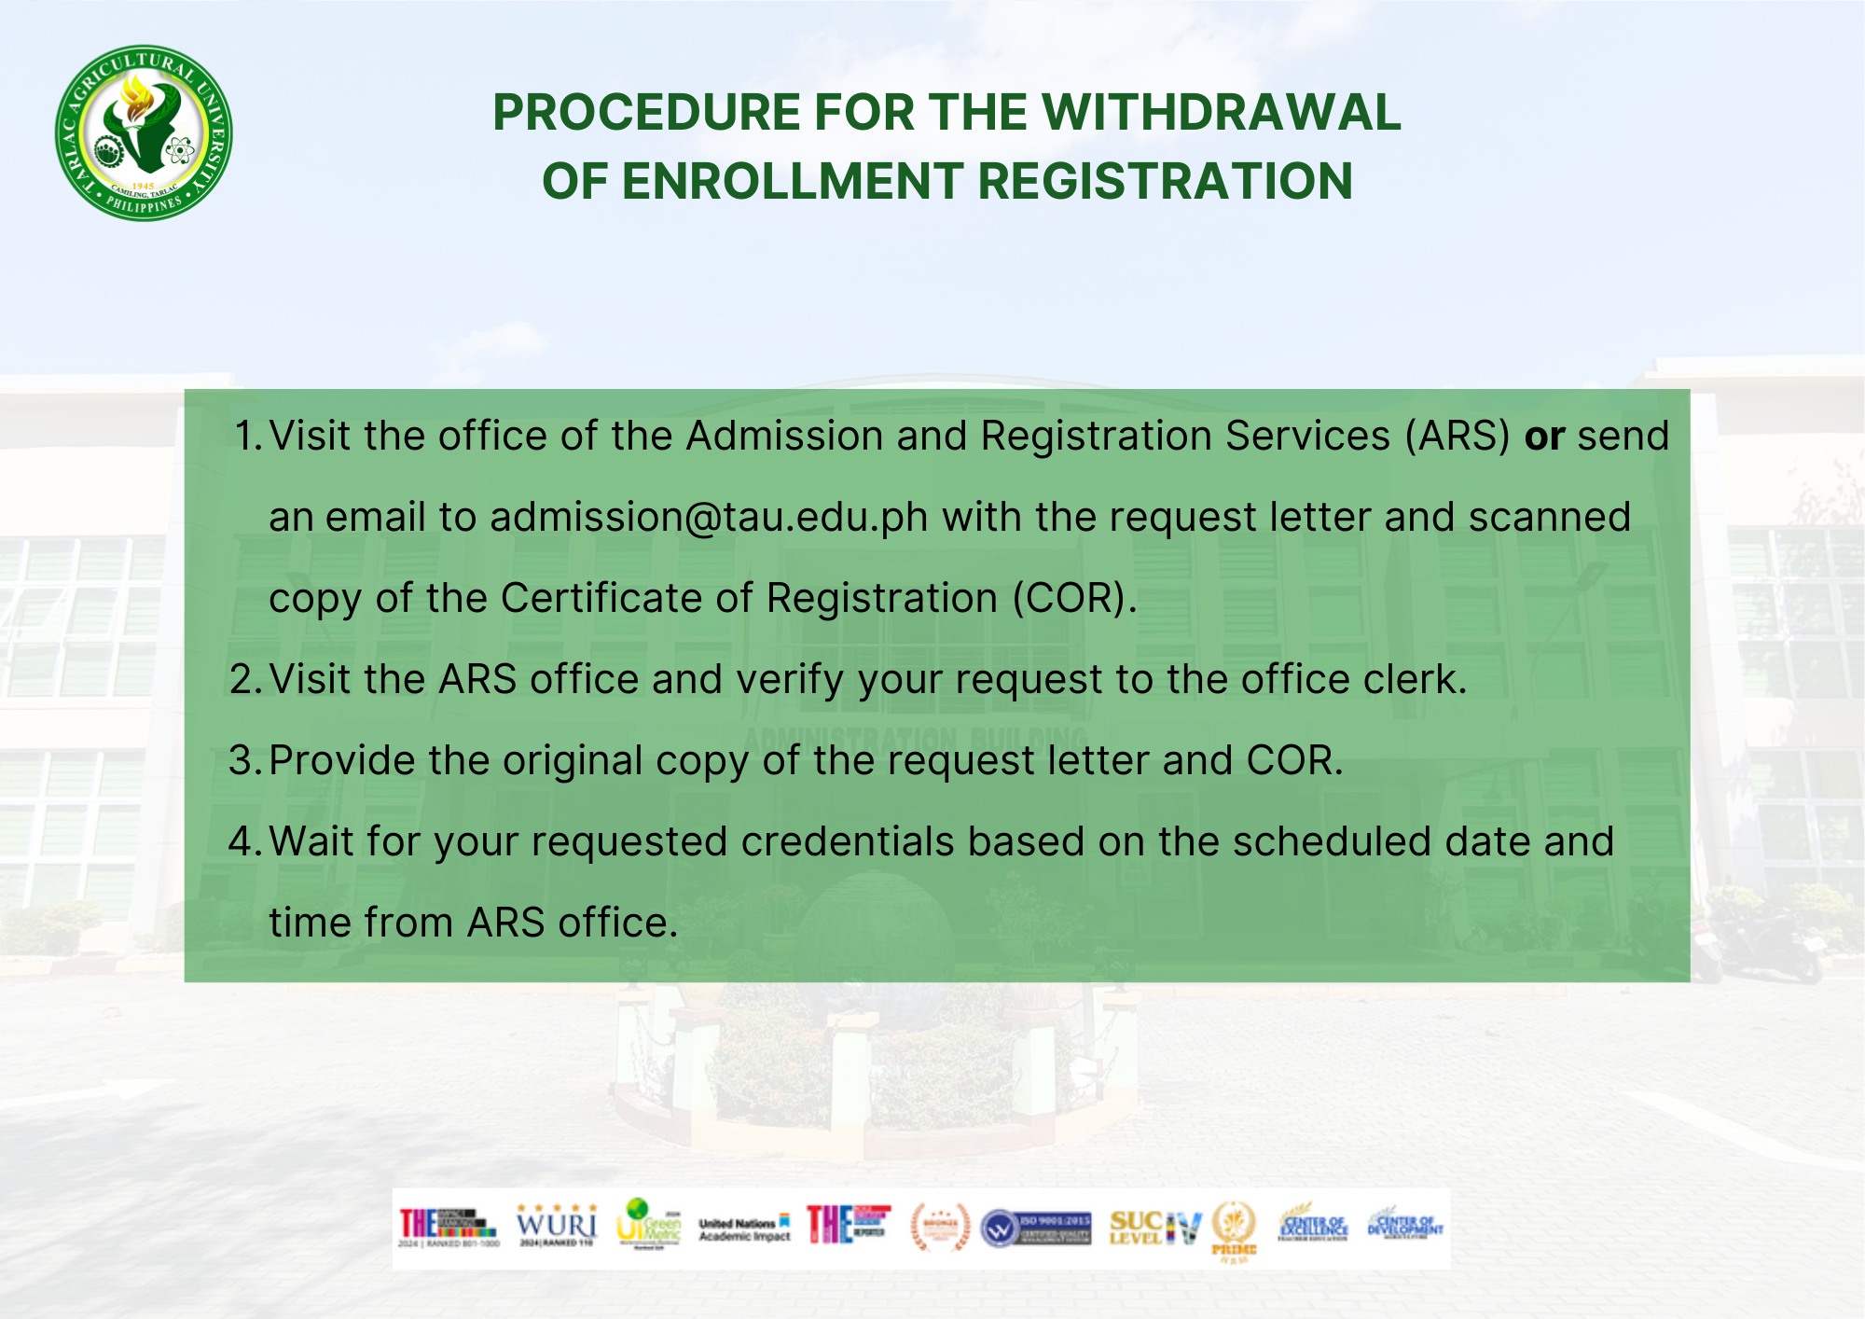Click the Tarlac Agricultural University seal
point(144,132)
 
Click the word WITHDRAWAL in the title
point(1221,113)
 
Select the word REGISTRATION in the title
point(1165,181)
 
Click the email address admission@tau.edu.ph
point(709,517)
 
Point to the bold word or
point(1544,437)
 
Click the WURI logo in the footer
point(557,1225)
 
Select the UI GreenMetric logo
point(648,1225)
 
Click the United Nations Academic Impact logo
point(744,1229)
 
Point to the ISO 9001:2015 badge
point(1036,1228)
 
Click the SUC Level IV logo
point(1154,1228)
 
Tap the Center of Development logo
point(1404,1223)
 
